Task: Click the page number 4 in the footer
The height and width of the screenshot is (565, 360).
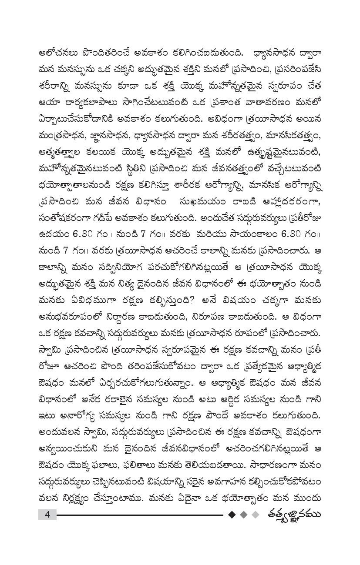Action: tap(47, 515)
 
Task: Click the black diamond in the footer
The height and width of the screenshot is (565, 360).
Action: tap(232, 515)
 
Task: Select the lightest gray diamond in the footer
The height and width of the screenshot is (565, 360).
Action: tap(256, 515)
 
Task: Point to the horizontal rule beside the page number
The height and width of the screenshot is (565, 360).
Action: tap(139, 515)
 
